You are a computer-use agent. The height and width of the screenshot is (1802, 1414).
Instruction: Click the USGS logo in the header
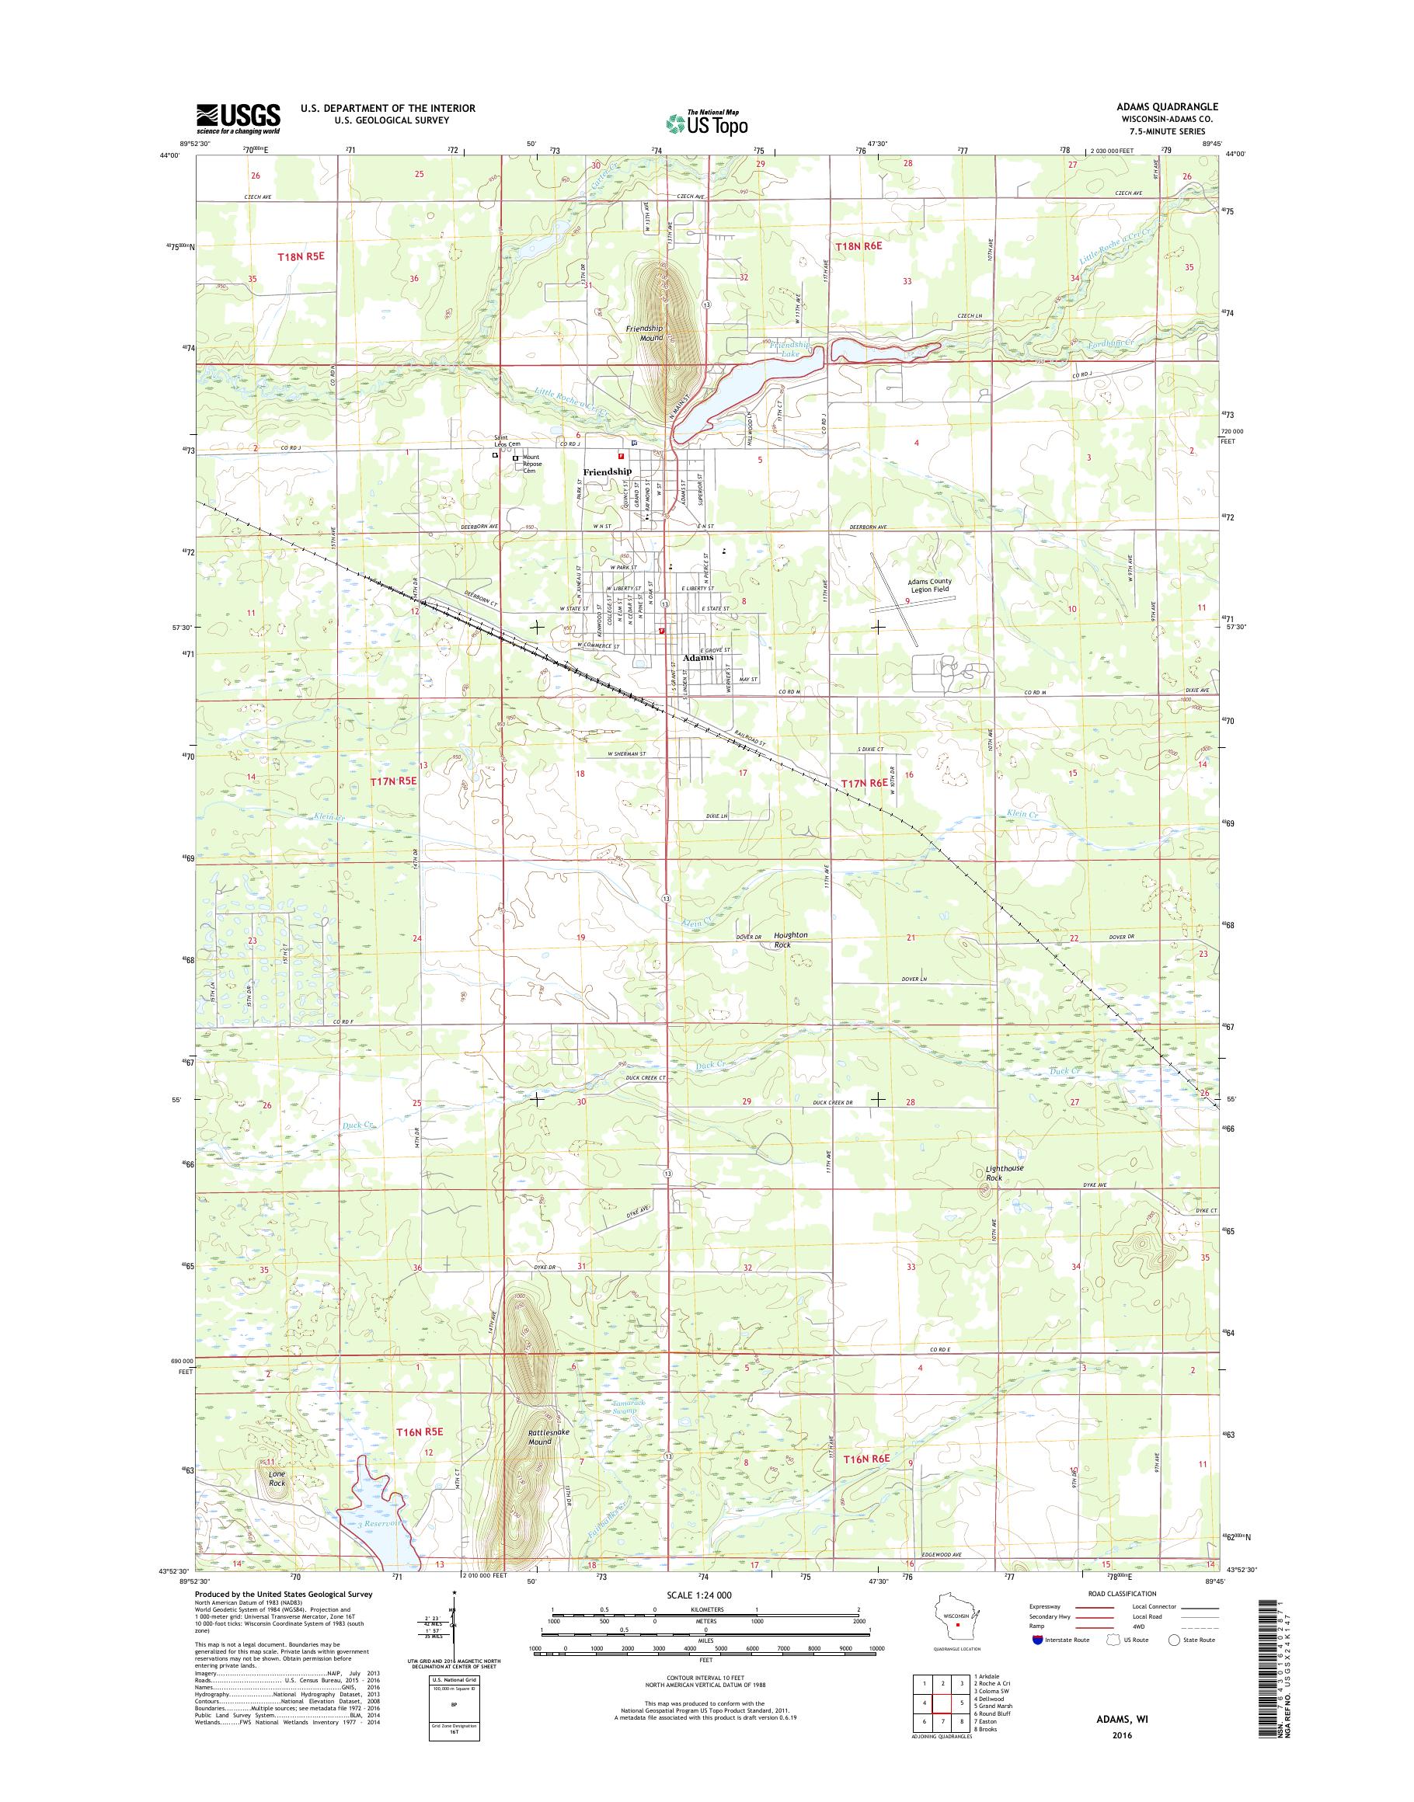click(238, 119)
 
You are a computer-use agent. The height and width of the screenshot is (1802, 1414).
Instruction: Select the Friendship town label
click(607, 471)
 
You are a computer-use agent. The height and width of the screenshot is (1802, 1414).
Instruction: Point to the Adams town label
click(697, 658)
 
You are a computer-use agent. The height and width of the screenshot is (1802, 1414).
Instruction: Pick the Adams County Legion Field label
click(929, 585)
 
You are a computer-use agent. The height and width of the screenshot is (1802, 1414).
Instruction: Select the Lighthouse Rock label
click(1005, 1172)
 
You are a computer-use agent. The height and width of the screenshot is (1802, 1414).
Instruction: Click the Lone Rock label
click(277, 1477)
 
